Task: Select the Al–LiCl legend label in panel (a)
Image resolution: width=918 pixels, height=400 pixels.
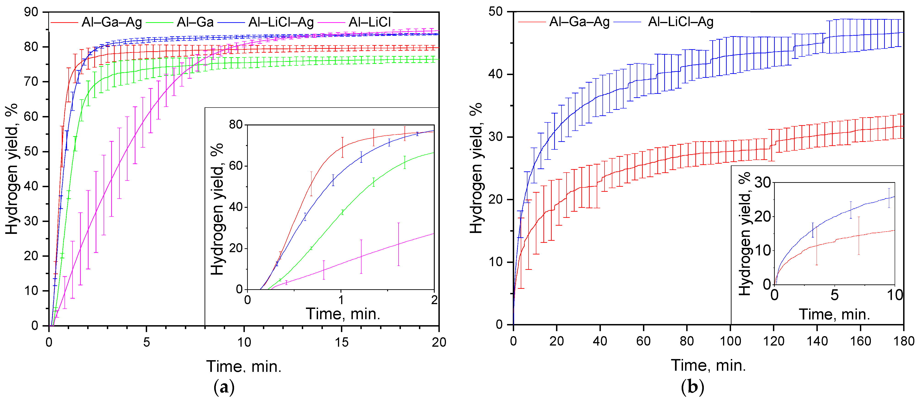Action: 369,22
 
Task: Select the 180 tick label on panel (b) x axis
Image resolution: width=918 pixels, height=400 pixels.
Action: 903,341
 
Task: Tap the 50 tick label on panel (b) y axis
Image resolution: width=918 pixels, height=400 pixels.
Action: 496,12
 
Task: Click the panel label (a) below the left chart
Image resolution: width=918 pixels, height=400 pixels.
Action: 224,387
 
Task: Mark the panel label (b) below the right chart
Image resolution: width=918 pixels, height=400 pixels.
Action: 692,387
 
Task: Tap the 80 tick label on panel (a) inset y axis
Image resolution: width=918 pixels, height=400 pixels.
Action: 235,125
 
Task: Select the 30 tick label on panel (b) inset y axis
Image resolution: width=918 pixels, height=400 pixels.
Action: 763,183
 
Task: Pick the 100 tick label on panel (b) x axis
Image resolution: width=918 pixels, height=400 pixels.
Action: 730,341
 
